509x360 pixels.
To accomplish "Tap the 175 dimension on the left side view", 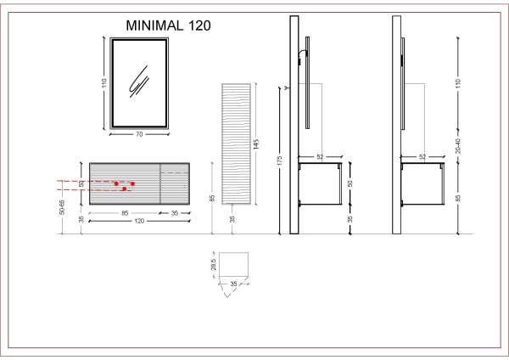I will coord(279,162).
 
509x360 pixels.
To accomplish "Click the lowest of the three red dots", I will coord(124,189).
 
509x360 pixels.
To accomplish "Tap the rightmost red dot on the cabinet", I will coord(133,183).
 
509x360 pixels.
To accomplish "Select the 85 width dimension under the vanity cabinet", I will coord(125,212).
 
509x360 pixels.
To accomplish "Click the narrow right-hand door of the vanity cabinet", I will coord(176,181).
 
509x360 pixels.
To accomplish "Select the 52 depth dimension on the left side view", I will coord(320,156).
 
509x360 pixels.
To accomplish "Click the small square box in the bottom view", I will coord(233,264).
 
